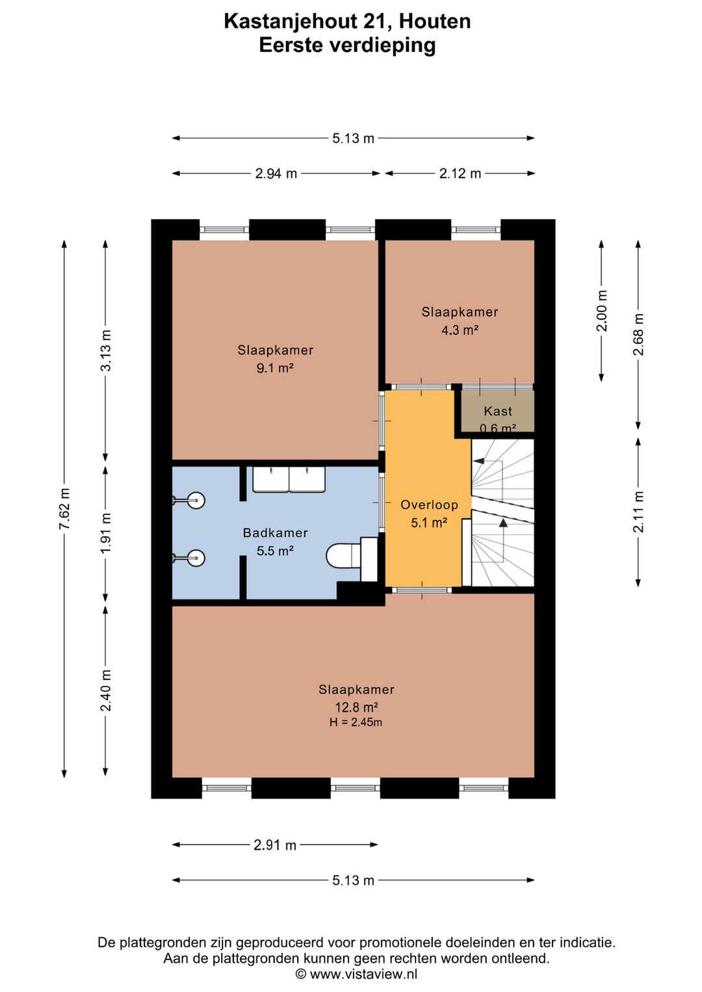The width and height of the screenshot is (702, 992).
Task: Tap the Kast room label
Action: (498, 411)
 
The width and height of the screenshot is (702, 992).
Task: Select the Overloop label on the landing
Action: (429, 505)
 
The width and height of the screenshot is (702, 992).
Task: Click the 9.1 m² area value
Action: (275, 368)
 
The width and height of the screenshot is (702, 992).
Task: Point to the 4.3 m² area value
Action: (460, 330)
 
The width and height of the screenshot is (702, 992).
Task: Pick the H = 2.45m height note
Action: (356, 722)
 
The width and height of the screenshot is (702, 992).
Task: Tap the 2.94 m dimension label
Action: (276, 174)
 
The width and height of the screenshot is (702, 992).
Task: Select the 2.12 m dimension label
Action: (460, 174)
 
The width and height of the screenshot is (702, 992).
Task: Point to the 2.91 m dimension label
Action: (274, 846)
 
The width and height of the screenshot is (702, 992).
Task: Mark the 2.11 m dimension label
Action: (638, 512)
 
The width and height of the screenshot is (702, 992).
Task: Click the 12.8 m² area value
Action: (356, 707)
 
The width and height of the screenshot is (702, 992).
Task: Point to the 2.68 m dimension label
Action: (638, 334)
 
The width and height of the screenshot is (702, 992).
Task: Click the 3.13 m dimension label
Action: (106, 351)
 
